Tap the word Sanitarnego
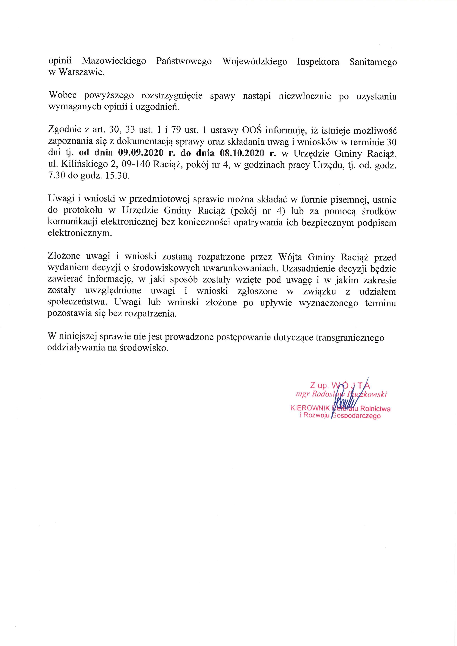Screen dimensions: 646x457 373,62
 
